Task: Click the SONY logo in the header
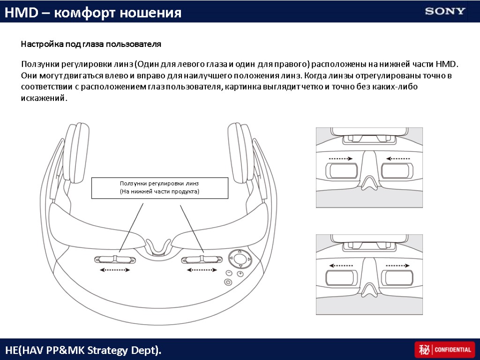click(x=445, y=12)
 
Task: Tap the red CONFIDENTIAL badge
click(x=444, y=349)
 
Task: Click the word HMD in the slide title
click(x=22, y=13)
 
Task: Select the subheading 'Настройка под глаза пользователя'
click(x=91, y=44)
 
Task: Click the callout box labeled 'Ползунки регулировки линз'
click(x=160, y=188)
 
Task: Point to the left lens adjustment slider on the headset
click(x=115, y=259)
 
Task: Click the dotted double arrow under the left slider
click(x=115, y=270)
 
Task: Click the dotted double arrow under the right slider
click(x=202, y=270)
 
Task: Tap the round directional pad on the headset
click(x=240, y=259)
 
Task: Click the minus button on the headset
click(x=229, y=273)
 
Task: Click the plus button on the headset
click(x=240, y=273)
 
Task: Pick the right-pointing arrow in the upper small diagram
click(x=340, y=158)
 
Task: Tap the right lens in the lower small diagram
click(x=398, y=278)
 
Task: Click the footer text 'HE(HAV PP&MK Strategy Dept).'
click(x=83, y=350)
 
